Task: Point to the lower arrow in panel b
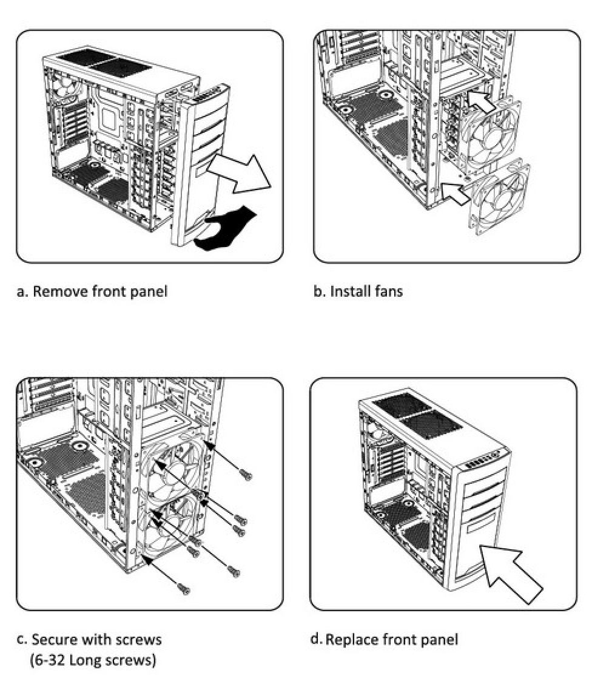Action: (x=457, y=192)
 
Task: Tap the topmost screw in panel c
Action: (x=246, y=474)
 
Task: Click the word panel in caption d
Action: (x=442, y=639)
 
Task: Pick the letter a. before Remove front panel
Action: (x=21, y=291)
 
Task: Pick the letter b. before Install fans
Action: (x=319, y=291)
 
